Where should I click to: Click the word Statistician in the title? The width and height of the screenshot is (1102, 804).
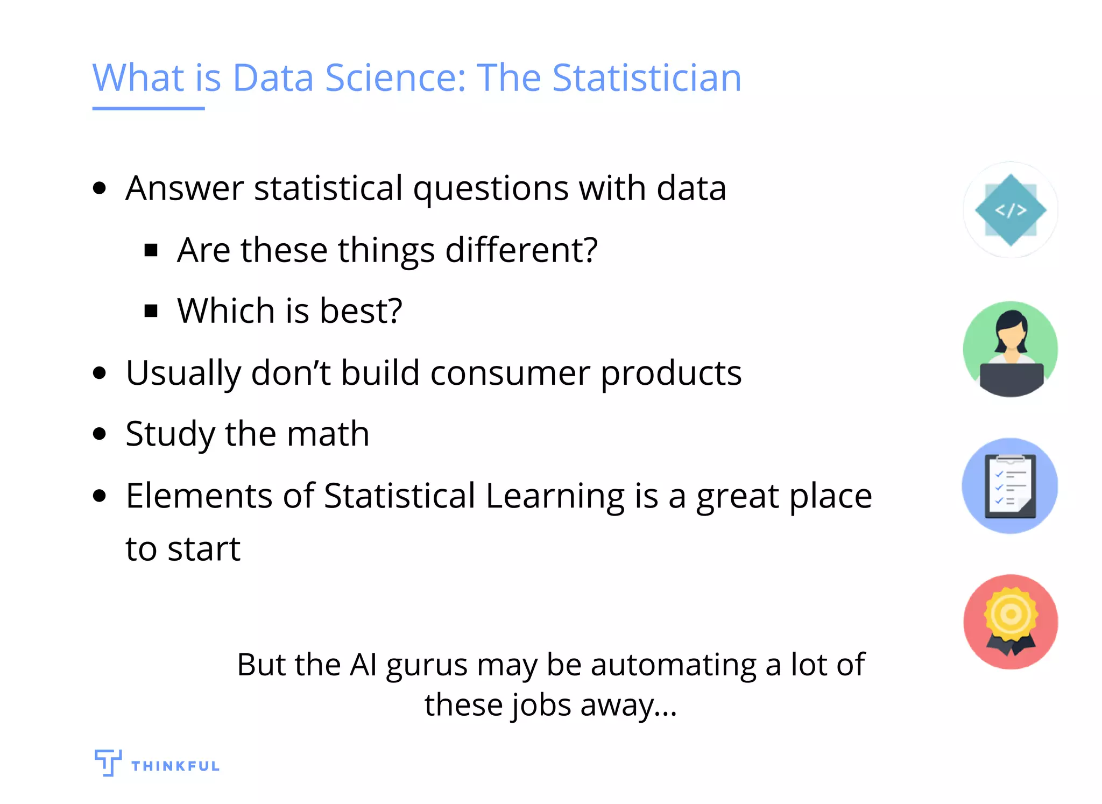tap(647, 78)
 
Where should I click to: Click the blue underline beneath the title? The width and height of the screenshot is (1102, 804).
tap(148, 109)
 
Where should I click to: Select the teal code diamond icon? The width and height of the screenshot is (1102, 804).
tap(1010, 210)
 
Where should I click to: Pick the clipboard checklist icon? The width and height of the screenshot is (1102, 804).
tap(1010, 486)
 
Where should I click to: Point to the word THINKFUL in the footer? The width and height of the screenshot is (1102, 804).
tap(175, 766)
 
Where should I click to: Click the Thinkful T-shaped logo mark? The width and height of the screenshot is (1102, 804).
tap(108, 762)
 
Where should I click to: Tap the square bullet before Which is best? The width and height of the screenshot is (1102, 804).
tap(151, 311)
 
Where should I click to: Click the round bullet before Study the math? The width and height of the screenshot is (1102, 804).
tap(100, 434)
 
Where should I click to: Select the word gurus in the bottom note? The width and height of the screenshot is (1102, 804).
tap(426, 665)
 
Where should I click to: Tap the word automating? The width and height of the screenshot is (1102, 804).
tap(674, 665)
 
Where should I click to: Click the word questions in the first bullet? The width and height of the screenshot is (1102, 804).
tap(490, 189)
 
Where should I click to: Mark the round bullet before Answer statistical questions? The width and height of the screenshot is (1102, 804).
tap(100, 189)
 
